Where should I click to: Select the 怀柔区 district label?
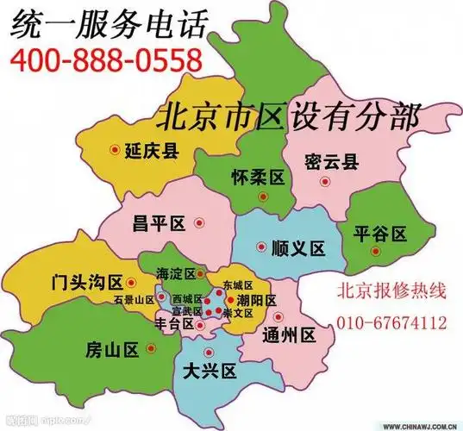click(259, 178)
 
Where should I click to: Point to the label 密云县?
click(332, 160)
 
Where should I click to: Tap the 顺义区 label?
click(297, 249)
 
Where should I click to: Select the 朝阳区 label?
click(257, 300)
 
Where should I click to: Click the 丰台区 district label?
click(172, 325)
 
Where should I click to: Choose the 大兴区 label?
click(210, 372)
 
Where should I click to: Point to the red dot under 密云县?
click(324, 181)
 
